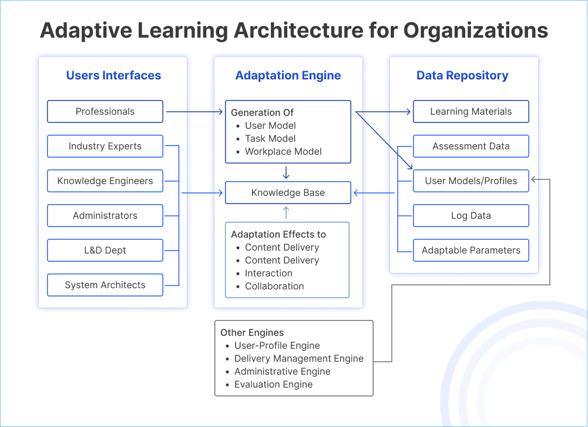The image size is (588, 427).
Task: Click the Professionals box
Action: tap(105, 111)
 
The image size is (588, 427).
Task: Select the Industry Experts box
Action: tap(105, 146)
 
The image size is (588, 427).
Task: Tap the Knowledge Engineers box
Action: tap(105, 181)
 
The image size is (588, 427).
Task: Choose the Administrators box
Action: tap(105, 216)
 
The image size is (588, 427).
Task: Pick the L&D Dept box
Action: tap(105, 251)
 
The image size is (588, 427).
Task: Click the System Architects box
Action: tap(105, 285)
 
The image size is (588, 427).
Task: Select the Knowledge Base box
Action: tap(288, 193)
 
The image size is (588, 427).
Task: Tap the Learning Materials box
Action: tap(471, 111)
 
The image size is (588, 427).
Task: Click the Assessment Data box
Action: tap(471, 146)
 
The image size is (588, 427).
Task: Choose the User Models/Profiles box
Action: tap(471, 181)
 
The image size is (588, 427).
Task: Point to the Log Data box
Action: tap(471, 216)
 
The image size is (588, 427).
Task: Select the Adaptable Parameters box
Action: tap(471, 251)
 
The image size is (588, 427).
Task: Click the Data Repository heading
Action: tap(462, 75)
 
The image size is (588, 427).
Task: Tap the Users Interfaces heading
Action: tap(113, 75)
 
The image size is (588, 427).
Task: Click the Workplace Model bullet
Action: tap(283, 152)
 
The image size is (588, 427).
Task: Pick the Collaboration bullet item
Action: tap(274, 286)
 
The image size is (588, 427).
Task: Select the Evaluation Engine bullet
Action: tap(273, 385)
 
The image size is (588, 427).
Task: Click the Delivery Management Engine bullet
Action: tap(298, 359)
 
